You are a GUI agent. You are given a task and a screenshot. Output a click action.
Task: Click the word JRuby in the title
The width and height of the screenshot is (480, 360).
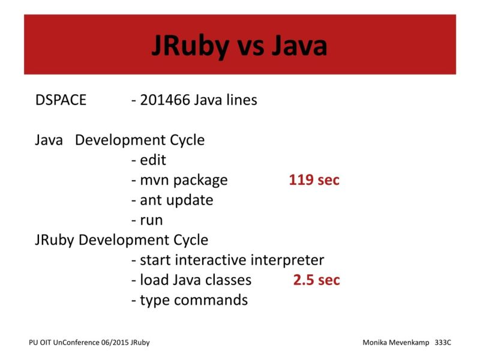coord(191,46)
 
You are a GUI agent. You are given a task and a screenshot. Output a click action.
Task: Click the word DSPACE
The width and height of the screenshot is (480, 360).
coord(61,100)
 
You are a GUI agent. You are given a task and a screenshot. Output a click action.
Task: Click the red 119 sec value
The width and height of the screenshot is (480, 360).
coord(314,180)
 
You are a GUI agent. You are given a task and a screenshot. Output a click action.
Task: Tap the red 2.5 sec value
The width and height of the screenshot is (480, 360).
coord(316,280)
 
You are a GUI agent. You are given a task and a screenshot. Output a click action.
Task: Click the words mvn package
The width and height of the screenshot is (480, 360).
coord(179,180)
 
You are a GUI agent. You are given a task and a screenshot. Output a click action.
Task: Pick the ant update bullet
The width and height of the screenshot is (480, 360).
coord(172,200)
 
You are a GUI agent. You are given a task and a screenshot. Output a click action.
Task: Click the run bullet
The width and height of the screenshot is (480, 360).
coord(146,220)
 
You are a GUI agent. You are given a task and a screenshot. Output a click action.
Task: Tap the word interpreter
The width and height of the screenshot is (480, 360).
coord(287,260)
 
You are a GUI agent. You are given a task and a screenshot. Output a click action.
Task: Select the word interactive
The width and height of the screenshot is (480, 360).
coord(211,260)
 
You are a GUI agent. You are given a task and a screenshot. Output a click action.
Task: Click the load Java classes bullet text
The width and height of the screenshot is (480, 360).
coord(191,280)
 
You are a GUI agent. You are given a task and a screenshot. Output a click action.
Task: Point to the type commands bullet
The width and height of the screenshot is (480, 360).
coord(189,300)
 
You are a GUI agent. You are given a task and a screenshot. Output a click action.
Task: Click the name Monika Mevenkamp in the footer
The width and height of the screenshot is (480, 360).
coord(397,342)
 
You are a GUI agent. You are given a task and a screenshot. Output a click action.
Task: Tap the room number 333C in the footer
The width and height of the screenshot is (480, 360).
coord(443,342)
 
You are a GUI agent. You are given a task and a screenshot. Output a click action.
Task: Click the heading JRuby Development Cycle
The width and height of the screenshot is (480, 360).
coord(121,240)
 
